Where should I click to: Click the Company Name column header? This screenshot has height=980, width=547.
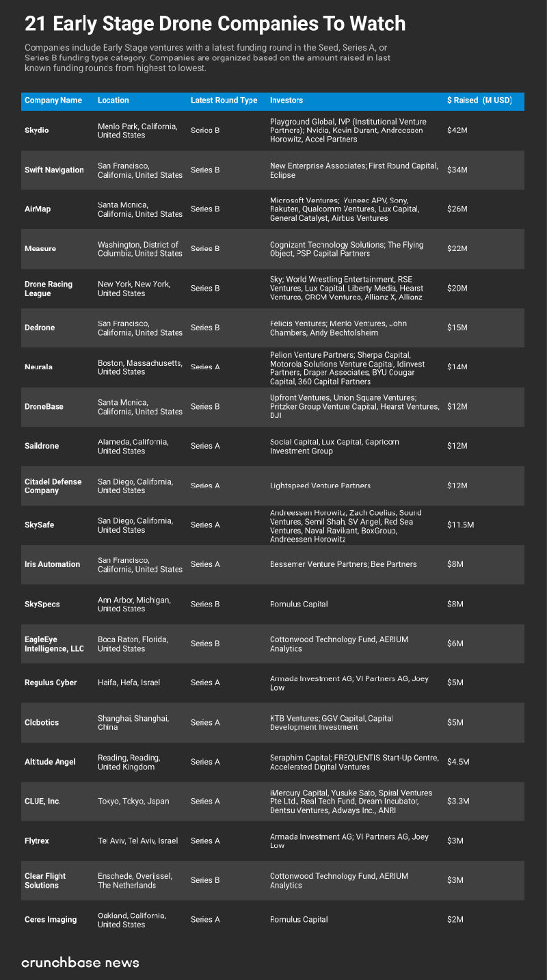(x=53, y=101)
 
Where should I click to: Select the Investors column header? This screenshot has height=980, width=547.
(x=286, y=101)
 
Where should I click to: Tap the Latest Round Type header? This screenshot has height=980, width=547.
(x=224, y=101)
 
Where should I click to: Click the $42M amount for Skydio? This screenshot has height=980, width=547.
(x=457, y=130)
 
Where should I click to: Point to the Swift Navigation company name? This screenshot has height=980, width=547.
(x=54, y=170)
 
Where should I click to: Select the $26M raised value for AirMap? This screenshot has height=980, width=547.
(x=457, y=209)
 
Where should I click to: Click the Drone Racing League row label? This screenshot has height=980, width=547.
(x=49, y=289)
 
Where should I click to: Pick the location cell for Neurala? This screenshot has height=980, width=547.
(x=139, y=367)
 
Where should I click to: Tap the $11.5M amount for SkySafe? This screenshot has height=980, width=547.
(x=460, y=525)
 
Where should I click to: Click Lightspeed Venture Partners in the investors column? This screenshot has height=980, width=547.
(x=320, y=486)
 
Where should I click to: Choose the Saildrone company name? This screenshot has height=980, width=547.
(x=42, y=446)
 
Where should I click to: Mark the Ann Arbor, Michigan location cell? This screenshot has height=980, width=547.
(x=134, y=604)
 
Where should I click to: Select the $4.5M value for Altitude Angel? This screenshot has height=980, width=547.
(x=458, y=762)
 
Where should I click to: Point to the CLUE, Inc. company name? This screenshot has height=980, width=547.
(x=42, y=802)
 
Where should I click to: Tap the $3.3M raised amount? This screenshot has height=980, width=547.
(x=458, y=802)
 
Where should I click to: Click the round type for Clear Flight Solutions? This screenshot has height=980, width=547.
(x=205, y=880)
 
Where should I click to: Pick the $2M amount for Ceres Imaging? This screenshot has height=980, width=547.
(x=455, y=920)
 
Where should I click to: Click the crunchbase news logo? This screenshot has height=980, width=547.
(x=80, y=963)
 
